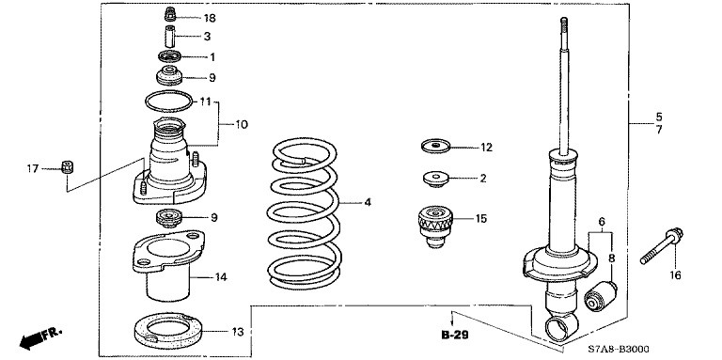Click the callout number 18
(x=210, y=19)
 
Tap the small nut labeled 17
(x=68, y=166)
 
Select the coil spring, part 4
(x=304, y=213)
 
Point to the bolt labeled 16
(x=662, y=246)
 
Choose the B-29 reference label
(x=454, y=336)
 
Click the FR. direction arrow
(x=40, y=337)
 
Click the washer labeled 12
(x=435, y=147)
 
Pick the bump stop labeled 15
(x=435, y=226)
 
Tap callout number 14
(x=221, y=277)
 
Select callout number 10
(x=242, y=125)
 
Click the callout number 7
(x=659, y=131)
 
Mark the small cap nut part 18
(x=170, y=14)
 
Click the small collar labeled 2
(x=435, y=179)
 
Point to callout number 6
(x=602, y=222)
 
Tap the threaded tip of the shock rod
(x=564, y=25)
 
